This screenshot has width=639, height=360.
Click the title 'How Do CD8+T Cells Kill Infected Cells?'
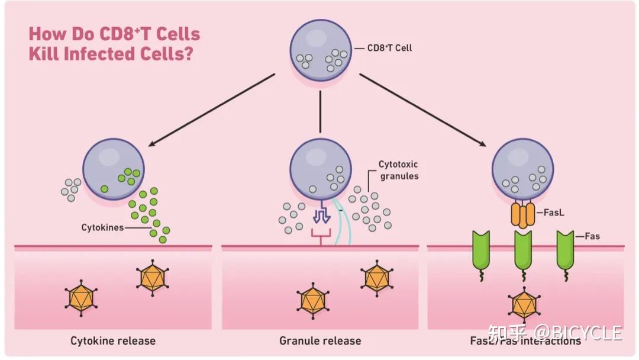coord(114,43)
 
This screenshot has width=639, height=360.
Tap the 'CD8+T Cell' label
coord(389,48)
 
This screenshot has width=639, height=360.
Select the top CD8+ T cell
coord(319,51)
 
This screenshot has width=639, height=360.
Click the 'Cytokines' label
coord(102,227)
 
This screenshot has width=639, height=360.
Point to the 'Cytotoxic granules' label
coord(398,171)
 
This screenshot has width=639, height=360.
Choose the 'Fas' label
coord(592,236)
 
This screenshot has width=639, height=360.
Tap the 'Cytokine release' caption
coord(113,340)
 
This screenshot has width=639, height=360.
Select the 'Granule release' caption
coord(320,340)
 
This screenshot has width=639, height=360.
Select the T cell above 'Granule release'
coord(320,168)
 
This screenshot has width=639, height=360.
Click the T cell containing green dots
coord(113,168)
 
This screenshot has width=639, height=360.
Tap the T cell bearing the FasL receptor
coord(523,167)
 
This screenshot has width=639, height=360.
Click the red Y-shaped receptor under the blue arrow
coord(320,236)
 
